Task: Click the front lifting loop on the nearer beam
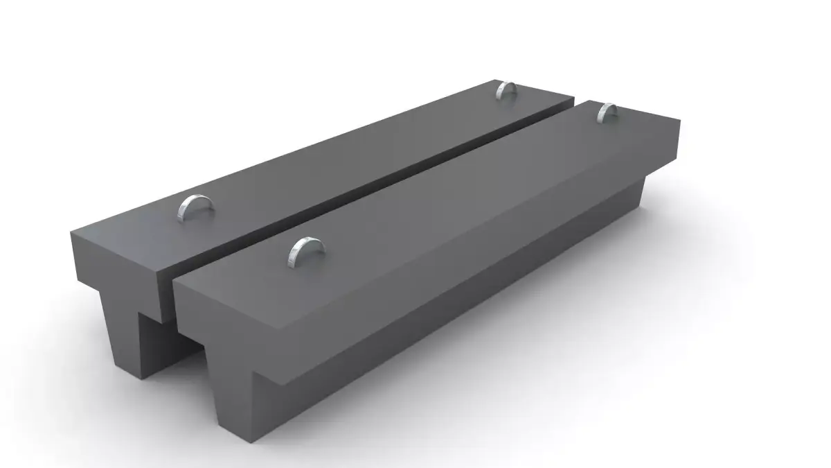(x=306, y=252)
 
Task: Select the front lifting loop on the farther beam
(x=195, y=208)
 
